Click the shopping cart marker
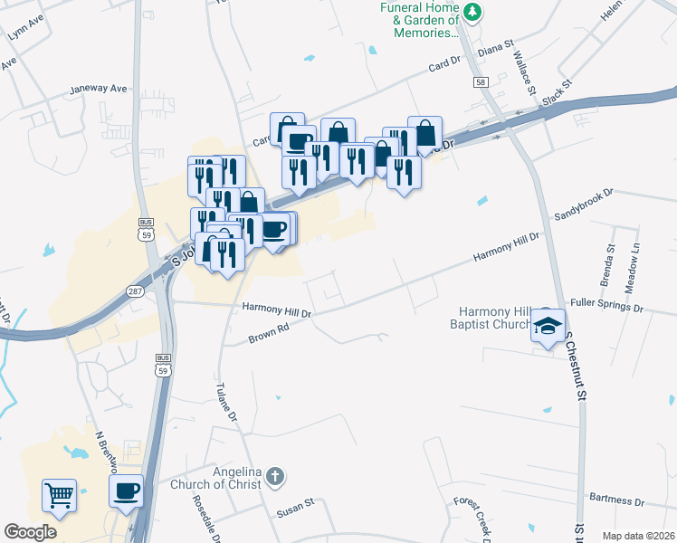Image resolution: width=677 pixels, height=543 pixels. pos(59,495)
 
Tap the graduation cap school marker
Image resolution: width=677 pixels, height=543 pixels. pos(548,325)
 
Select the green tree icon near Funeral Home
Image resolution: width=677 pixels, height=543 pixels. pos(472,12)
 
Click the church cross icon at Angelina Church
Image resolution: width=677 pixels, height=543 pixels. pos(275,474)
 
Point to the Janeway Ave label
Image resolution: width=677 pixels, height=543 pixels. pos(99,90)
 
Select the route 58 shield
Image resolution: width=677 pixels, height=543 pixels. pos(480,82)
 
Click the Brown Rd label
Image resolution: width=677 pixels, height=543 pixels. pos(268,335)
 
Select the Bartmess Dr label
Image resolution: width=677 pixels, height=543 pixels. pos(615,500)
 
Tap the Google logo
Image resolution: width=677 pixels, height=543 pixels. pos(30,531)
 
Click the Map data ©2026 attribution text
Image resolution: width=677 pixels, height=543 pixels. pos(638,536)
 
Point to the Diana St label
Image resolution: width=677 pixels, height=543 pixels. pos(495,44)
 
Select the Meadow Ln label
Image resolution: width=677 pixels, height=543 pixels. pos(635,261)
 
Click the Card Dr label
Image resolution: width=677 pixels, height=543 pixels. pos(444,67)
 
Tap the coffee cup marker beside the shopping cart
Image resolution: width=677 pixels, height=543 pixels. pos(126,491)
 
